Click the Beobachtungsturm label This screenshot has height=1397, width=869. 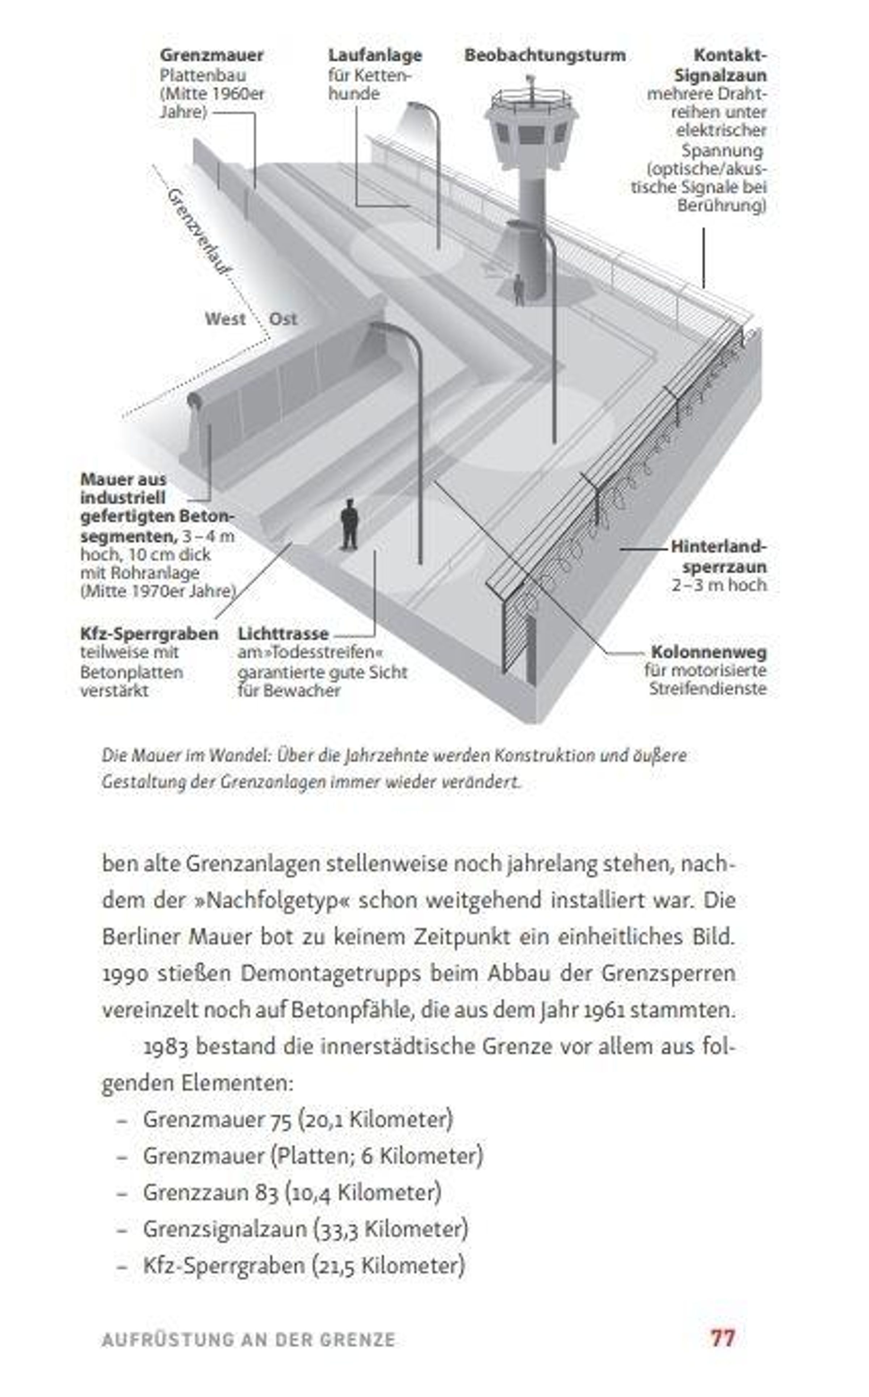point(544,56)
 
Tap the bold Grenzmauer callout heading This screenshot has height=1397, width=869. point(211,56)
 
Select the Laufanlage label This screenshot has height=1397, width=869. point(375,56)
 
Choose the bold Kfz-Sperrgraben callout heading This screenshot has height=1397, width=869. point(149,634)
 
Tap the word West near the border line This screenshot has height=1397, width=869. point(225,319)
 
